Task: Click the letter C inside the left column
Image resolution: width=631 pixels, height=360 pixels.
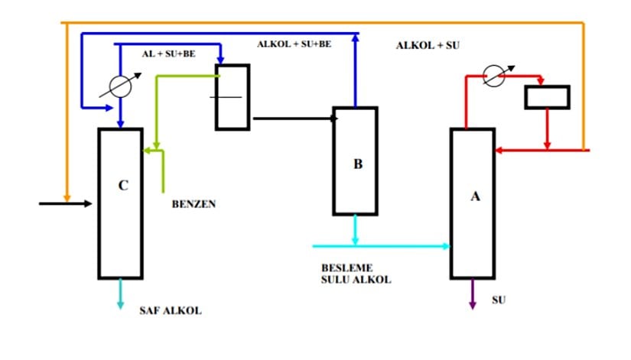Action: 123,185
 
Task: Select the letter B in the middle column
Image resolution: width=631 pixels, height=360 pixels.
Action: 357,164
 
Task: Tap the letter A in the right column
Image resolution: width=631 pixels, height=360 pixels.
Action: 475,196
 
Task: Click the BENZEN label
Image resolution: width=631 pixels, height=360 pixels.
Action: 194,204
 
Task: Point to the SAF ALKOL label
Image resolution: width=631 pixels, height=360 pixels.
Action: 171,311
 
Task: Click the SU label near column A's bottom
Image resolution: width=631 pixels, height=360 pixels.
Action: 498,299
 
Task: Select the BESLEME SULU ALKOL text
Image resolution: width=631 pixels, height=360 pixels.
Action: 356,274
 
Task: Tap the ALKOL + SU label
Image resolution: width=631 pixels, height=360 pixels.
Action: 427,46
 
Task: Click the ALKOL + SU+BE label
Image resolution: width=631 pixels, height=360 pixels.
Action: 294,44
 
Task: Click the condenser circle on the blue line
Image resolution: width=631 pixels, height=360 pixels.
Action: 119,86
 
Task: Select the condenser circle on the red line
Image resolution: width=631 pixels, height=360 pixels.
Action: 494,76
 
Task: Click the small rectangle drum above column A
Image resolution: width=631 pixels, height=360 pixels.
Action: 546,97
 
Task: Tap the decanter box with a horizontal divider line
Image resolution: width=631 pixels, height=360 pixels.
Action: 233,97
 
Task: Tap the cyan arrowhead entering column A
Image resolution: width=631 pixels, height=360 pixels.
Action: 445,245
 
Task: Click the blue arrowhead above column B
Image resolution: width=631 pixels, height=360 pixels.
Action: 356,37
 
